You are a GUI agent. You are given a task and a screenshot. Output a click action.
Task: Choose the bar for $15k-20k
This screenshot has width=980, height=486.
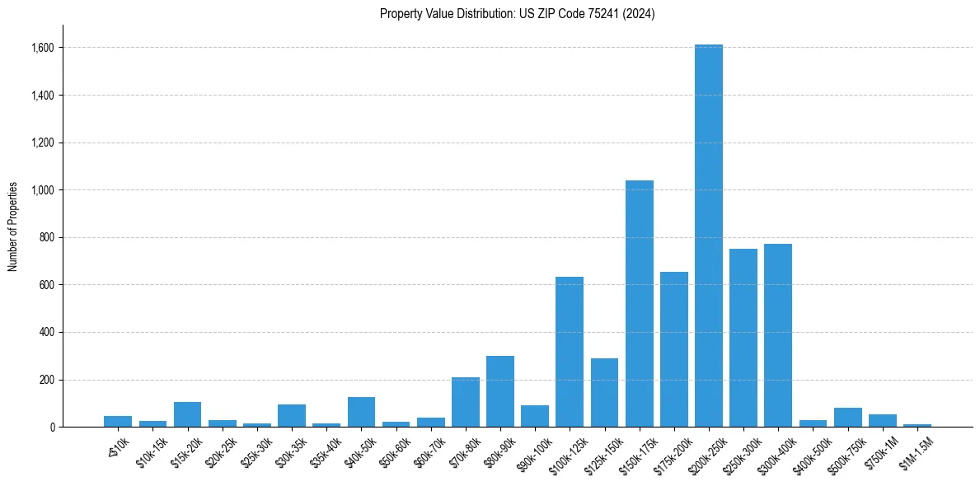[x=187, y=414]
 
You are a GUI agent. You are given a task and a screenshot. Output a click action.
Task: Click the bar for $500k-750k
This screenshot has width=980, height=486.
[x=847, y=418]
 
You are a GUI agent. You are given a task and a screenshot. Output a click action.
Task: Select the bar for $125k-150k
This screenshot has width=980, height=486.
[x=604, y=393]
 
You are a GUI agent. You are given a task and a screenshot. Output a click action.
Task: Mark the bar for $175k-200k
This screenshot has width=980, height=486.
[x=673, y=349]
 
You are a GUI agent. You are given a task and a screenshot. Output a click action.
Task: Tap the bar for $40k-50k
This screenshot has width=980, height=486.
[x=361, y=412]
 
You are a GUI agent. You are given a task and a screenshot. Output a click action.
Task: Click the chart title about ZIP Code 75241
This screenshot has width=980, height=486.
[x=517, y=14]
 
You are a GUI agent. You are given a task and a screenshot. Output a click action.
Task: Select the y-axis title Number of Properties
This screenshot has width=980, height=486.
[x=13, y=227]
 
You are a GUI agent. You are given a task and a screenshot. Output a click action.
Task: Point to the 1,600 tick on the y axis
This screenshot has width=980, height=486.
[x=42, y=48]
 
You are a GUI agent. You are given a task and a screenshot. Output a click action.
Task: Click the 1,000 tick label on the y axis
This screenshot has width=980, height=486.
[x=42, y=190]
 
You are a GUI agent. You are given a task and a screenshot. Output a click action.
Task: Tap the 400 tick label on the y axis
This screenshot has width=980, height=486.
[x=46, y=333]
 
